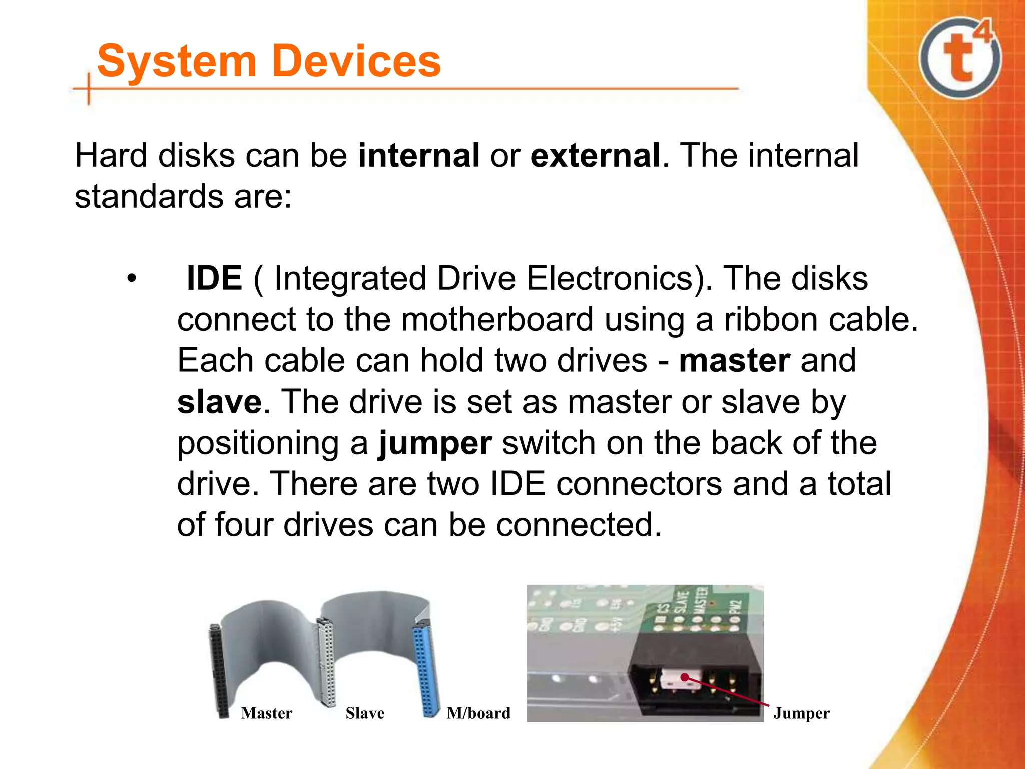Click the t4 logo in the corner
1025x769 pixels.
pos(960,58)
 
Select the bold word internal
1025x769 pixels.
pos(419,155)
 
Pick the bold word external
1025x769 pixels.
pos(595,155)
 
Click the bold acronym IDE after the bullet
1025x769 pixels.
pos(214,278)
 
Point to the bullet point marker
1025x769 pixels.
pos(131,278)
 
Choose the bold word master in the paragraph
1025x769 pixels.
pos(734,360)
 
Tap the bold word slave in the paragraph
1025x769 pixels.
pos(219,402)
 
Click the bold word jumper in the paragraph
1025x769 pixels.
pos(435,444)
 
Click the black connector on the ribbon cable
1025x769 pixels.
pos(219,671)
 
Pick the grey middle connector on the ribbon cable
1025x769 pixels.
pos(326,661)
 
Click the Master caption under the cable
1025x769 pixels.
pos(266,713)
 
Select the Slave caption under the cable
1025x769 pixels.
pos(365,713)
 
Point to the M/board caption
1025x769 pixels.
pos(478,713)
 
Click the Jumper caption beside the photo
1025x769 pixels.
pos(801,713)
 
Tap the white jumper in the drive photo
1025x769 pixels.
pos(674,679)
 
